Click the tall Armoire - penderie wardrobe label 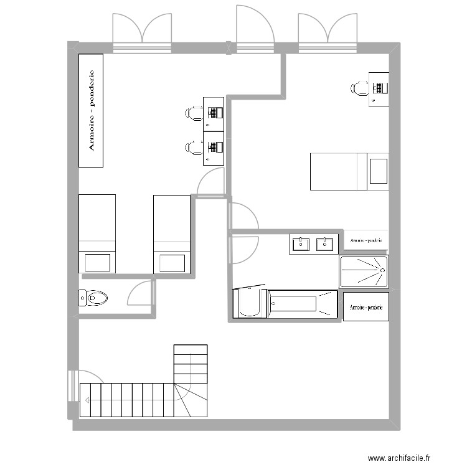pos(91,111)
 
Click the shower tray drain pos(380,271)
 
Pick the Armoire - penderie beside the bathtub pos(366,307)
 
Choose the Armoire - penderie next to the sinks pos(366,240)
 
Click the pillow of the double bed pos(378,171)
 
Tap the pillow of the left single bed pos(97,262)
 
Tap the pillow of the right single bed pos(172,262)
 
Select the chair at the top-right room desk pos(359,88)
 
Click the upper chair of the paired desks pos(192,113)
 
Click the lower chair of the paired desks pos(192,148)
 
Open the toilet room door pos(139,293)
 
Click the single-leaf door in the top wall pos(255,26)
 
